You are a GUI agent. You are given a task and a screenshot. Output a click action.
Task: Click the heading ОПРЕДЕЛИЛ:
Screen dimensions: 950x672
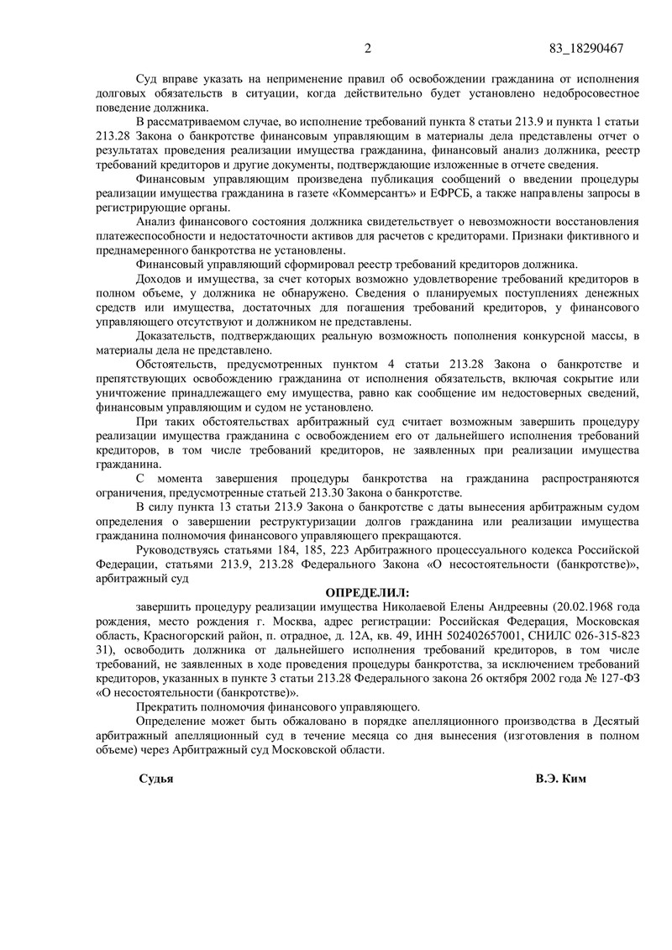pos(363,592)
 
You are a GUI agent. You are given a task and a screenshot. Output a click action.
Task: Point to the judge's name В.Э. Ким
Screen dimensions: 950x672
pos(561,779)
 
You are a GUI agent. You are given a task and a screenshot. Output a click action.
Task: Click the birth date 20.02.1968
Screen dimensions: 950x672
pos(580,606)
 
